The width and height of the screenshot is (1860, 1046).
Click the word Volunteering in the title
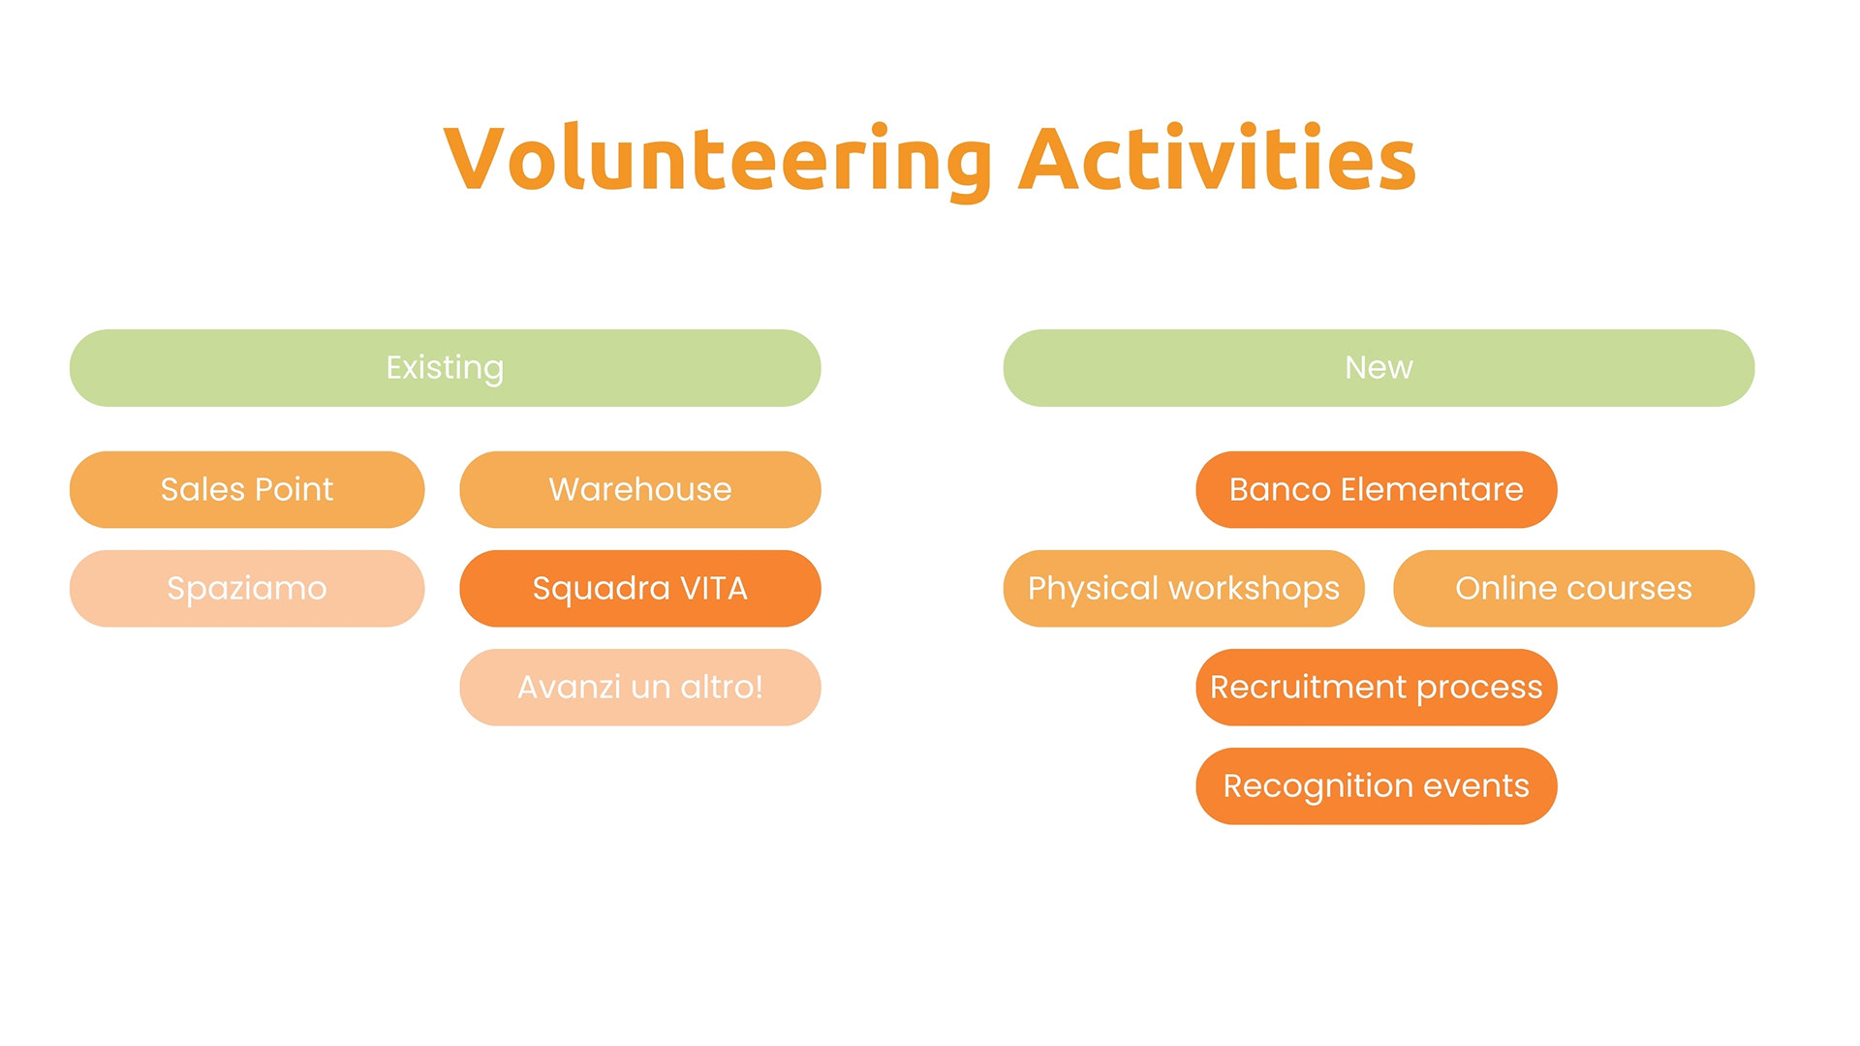click(718, 161)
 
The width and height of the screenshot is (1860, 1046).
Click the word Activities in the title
click(1218, 158)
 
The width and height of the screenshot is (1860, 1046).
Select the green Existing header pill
click(446, 368)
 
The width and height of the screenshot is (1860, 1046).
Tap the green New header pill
click(1379, 368)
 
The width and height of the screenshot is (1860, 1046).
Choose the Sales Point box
click(247, 489)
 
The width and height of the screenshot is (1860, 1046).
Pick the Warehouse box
click(640, 489)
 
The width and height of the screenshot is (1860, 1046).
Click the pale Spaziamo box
click(247, 589)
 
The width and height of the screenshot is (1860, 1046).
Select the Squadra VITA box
click(640, 589)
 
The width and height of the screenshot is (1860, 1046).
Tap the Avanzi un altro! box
click(640, 688)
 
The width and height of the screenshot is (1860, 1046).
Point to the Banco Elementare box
click(1377, 489)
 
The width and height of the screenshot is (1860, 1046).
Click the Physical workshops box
click(1184, 589)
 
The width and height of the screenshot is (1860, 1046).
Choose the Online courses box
click(1574, 589)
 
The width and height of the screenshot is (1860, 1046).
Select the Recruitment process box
click(1377, 688)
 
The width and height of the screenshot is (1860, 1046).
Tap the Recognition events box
click(1377, 786)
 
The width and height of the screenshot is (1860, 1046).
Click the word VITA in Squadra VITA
click(714, 588)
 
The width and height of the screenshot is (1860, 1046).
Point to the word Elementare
click(1432, 489)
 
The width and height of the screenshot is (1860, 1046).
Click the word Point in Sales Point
click(294, 489)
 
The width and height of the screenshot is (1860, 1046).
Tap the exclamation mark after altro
click(759, 687)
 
